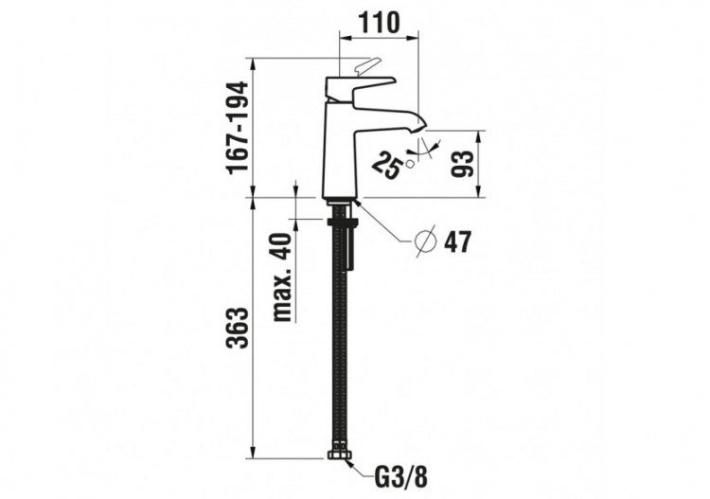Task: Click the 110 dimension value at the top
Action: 378,20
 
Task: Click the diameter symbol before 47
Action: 427,241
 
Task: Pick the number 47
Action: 457,242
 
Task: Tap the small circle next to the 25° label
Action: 410,164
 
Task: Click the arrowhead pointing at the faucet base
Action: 361,205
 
